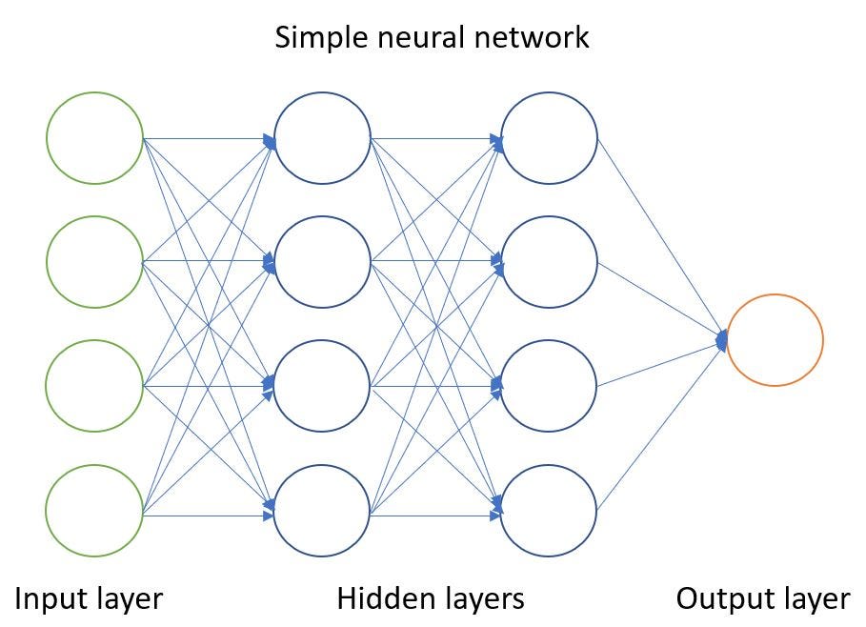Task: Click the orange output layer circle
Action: click(x=775, y=340)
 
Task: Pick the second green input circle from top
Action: click(x=94, y=262)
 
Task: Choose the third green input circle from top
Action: click(x=94, y=386)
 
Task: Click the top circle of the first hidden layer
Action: click(x=322, y=139)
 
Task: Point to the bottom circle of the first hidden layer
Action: click(x=322, y=512)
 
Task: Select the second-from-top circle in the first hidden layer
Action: click(x=322, y=262)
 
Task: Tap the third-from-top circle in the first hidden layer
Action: click(x=322, y=386)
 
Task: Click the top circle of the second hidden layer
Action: click(x=550, y=139)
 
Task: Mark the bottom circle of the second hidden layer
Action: click(x=550, y=512)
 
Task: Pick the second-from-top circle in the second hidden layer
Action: click(x=550, y=262)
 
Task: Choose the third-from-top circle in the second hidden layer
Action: click(x=550, y=386)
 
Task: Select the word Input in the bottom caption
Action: click(x=46, y=599)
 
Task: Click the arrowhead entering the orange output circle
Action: click(x=722, y=338)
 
